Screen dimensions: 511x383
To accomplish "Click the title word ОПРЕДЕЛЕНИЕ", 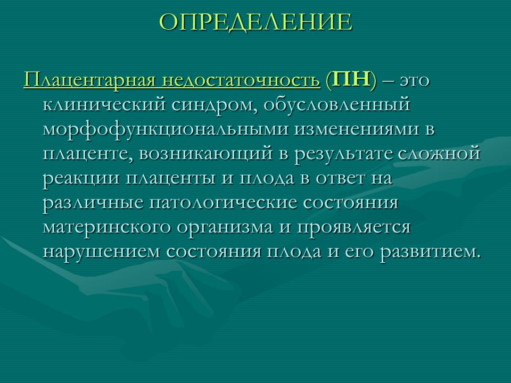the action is (x=256, y=22).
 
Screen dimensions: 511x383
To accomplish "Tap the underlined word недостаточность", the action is (x=241, y=80).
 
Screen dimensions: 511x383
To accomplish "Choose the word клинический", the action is (x=104, y=105).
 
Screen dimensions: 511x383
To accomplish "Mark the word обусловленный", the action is (x=336, y=105).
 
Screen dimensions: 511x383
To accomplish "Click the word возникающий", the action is (x=206, y=154).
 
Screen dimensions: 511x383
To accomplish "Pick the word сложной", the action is (x=440, y=154).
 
